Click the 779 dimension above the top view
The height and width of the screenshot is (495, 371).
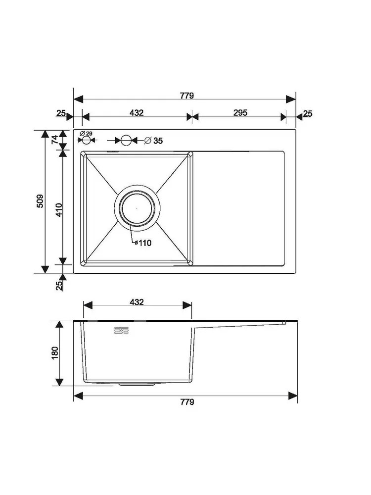click(187, 96)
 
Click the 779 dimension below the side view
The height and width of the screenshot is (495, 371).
click(187, 402)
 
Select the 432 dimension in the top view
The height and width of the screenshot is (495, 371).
click(137, 113)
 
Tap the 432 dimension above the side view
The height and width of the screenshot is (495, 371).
click(137, 302)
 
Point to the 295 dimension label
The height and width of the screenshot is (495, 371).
click(240, 113)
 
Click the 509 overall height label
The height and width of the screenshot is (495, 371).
click(41, 201)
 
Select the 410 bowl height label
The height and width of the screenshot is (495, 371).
click(59, 210)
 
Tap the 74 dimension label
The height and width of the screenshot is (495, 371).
click(55, 139)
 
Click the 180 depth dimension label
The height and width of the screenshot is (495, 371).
click(55, 353)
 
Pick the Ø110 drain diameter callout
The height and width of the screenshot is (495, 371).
click(143, 243)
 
